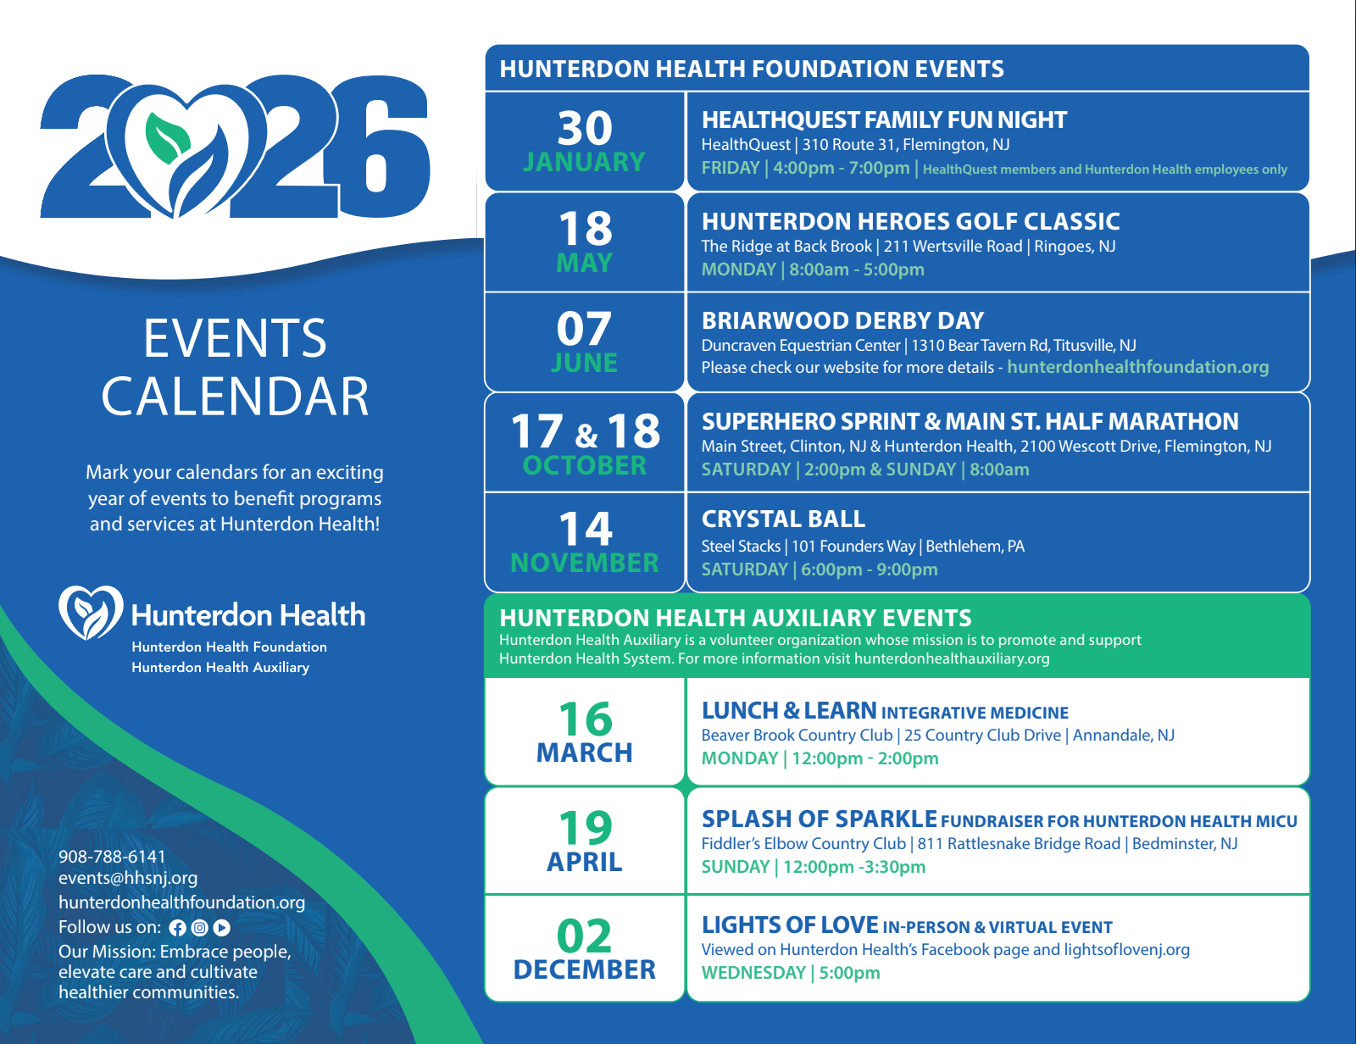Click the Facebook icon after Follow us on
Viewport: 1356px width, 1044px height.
point(177,928)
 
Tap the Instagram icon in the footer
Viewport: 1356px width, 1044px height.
point(199,928)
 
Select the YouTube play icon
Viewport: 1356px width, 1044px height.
point(222,928)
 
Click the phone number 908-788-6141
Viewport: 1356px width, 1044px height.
point(112,857)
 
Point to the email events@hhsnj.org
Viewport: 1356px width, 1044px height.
point(128,878)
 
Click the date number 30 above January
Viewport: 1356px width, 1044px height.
point(585,128)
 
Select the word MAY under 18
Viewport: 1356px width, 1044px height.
point(585,264)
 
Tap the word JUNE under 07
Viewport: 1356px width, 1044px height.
point(585,364)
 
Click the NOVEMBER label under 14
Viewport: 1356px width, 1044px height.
point(585,564)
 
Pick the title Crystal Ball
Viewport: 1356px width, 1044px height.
point(783,519)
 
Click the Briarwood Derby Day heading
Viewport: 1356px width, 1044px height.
point(842,321)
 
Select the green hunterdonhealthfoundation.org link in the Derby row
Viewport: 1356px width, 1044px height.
point(1137,367)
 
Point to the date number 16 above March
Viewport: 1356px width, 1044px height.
point(585,719)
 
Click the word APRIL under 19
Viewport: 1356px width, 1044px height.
point(585,863)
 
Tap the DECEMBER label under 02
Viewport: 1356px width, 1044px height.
point(585,970)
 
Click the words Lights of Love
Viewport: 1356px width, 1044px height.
point(790,925)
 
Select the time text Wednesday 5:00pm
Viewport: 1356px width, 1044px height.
point(791,973)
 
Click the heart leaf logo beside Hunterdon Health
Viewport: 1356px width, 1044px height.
point(91,612)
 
